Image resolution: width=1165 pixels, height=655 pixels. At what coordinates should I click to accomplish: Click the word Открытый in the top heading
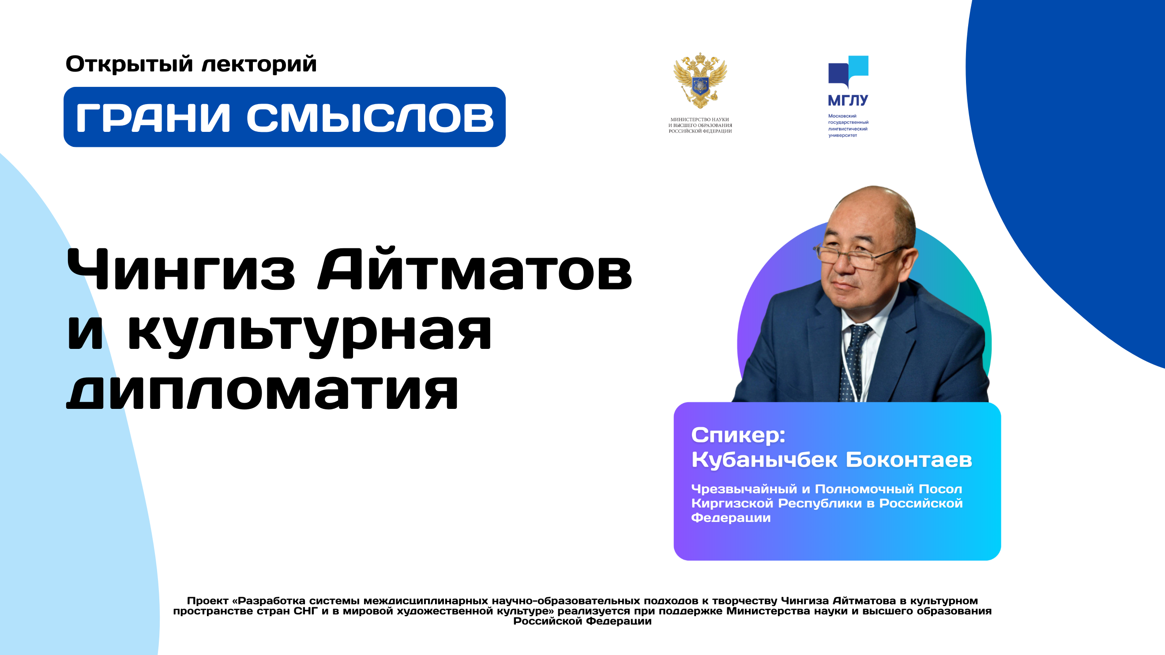click(129, 64)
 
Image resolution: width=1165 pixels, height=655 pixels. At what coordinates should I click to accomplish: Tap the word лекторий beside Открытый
click(259, 64)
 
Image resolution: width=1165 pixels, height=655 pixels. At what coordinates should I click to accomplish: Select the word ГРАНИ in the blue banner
click(153, 118)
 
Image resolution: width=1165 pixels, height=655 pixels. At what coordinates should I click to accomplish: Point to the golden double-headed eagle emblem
click(700, 80)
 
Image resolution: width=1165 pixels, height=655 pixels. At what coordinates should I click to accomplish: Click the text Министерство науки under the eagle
click(699, 120)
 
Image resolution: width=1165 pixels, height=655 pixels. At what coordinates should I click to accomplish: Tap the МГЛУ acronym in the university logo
click(848, 100)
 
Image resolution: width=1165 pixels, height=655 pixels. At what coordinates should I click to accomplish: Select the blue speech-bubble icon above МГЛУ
click(848, 72)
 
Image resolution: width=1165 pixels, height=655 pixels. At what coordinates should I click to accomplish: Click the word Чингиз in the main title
click(181, 270)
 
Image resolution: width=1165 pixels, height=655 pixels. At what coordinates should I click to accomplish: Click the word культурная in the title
click(309, 334)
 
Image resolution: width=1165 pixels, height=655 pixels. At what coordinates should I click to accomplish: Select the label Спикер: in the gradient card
click(738, 435)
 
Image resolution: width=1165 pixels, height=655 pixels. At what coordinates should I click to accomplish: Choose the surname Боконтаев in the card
click(909, 459)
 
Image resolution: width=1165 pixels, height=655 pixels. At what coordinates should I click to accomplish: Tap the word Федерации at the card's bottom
click(731, 517)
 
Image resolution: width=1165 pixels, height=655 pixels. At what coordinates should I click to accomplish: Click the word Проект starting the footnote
click(207, 601)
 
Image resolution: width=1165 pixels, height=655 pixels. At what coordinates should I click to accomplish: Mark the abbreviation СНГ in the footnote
click(306, 611)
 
